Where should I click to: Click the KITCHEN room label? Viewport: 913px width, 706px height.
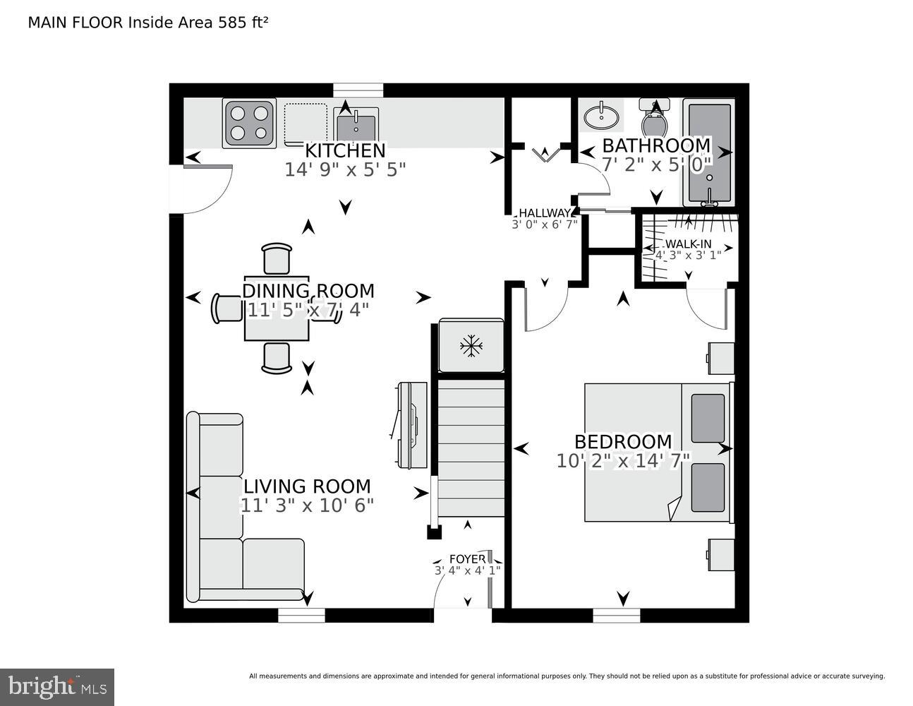345,150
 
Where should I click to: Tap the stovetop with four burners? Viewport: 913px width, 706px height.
249,123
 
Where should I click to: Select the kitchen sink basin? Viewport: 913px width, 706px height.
356,128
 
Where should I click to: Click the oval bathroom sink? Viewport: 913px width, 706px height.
600,115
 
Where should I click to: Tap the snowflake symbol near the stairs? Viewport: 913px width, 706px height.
471,346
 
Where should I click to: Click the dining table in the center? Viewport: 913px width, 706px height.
277,309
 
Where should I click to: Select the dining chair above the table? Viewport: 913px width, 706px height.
277,258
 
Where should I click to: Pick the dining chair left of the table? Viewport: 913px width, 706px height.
227,309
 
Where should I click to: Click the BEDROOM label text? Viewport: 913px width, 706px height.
623,442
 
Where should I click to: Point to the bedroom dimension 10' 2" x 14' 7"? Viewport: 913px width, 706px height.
623,461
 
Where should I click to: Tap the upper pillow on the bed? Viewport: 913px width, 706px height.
708,418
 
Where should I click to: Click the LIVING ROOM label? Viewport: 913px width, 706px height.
307,486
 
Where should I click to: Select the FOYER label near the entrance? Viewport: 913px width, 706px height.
467,559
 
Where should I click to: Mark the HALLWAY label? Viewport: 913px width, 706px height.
544,213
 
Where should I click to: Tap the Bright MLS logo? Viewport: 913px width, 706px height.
57,686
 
